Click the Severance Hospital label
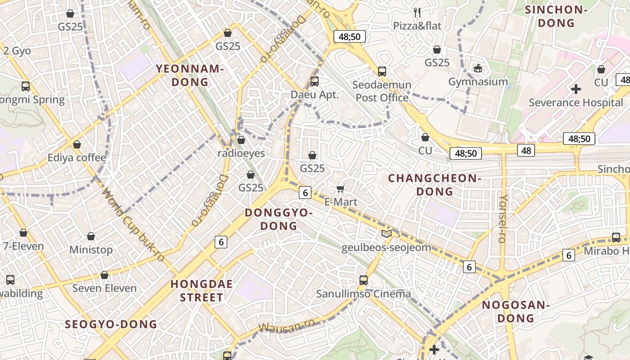[x=576, y=103]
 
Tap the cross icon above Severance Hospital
[x=576, y=89]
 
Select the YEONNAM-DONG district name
[x=190, y=75]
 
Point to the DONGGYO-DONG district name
[x=279, y=219]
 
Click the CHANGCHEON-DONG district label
[x=435, y=185]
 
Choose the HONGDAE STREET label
[x=202, y=291]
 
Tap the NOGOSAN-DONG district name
[x=515, y=311]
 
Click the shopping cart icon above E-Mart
[x=341, y=189]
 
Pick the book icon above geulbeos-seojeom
[x=386, y=234]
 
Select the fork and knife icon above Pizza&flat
[x=417, y=12]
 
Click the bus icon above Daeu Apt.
[x=315, y=81]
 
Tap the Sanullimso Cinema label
[x=363, y=294]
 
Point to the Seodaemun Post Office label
[x=382, y=91]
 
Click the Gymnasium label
[x=478, y=82]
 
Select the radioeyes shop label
[x=241, y=153]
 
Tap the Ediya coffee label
[x=77, y=158]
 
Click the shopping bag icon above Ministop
[x=91, y=236]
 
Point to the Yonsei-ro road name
[x=503, y=219]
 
